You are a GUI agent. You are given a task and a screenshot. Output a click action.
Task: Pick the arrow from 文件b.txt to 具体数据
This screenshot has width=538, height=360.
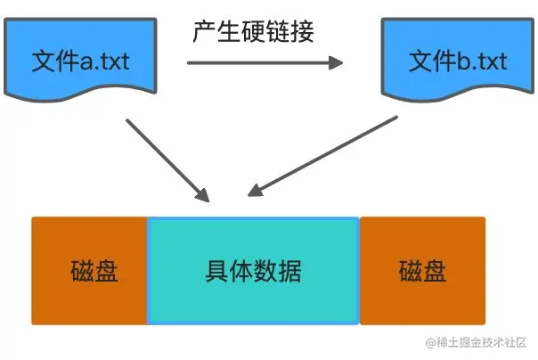[322, 155]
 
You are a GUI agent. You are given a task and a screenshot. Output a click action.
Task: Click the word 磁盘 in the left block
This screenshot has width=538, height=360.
[94, 271]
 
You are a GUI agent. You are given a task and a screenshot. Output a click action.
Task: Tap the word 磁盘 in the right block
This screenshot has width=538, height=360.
[422, 271]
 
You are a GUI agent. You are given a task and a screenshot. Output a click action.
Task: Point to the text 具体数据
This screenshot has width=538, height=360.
[253, 271]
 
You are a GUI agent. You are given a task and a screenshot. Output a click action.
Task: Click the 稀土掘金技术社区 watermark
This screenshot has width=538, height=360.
[477, 343]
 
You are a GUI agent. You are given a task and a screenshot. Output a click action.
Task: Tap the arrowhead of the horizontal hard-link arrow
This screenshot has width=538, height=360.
[337, 62]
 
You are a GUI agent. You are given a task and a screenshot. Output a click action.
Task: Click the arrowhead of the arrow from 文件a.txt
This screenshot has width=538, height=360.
[203, 196]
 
